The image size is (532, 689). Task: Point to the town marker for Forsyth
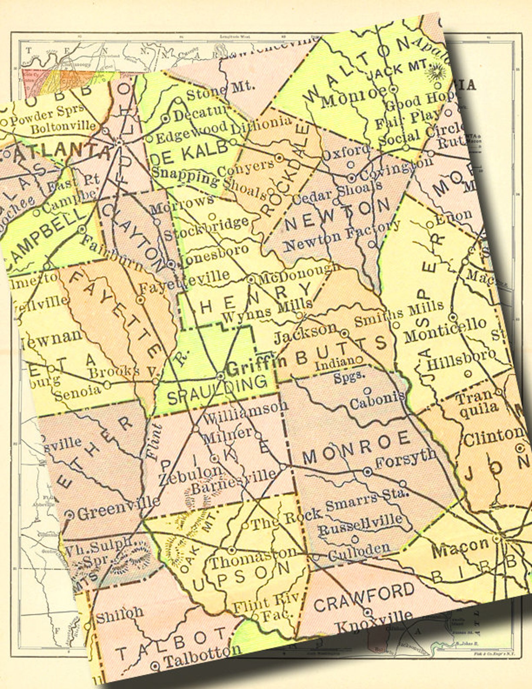(368, 471)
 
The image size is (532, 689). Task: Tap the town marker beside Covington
(351, 178)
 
